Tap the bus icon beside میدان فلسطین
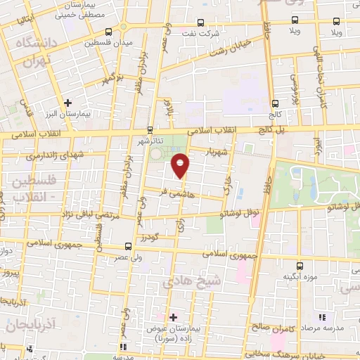point(108,32)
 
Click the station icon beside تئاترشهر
point(150,129)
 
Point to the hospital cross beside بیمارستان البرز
point(67,103)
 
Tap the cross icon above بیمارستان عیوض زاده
point(174,317)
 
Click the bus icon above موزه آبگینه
point(300,266)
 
